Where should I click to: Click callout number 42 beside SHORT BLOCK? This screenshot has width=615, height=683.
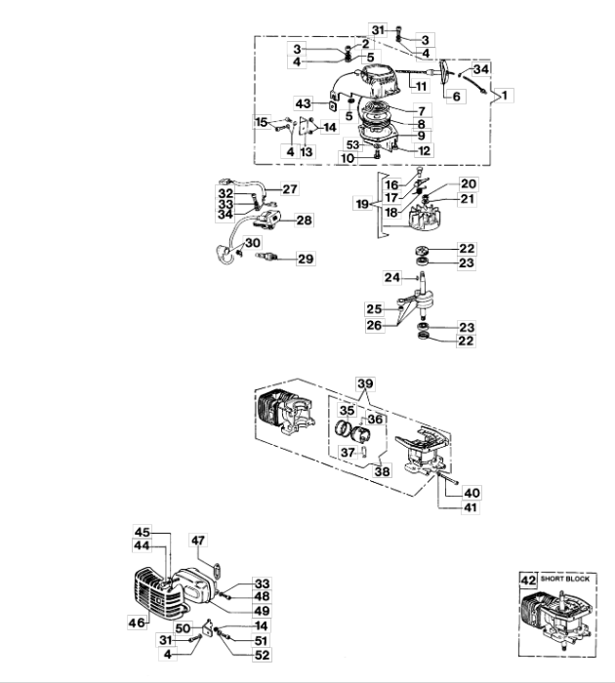click(528, 581)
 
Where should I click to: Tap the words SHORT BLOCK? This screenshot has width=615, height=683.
click(565, 579)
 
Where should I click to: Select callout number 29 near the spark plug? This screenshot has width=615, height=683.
click(306, 259)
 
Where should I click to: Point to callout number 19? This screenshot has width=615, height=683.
click(362, 204)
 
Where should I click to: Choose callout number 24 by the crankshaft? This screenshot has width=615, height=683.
click(392, 277)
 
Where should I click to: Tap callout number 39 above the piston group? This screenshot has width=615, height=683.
click(365, 383)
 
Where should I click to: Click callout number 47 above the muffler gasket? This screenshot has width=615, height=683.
click(198, 541)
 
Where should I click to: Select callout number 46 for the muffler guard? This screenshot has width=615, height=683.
click(137, 623)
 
